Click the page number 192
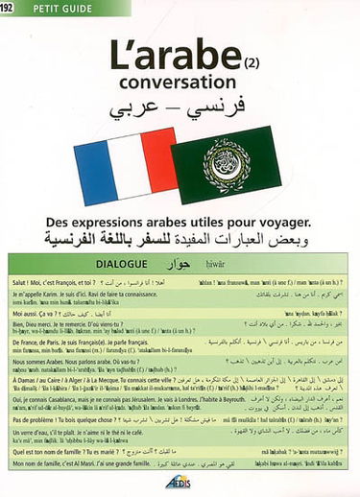[x=12, y=11]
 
